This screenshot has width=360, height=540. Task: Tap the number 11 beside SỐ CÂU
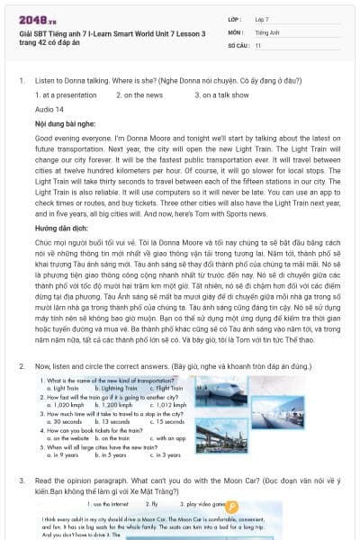pyautogui.click(x=258, y=44)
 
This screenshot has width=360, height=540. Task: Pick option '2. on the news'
pyautogui.click(x=139, y=94)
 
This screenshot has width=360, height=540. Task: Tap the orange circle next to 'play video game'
pyautogui.click(x=231, y=507)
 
